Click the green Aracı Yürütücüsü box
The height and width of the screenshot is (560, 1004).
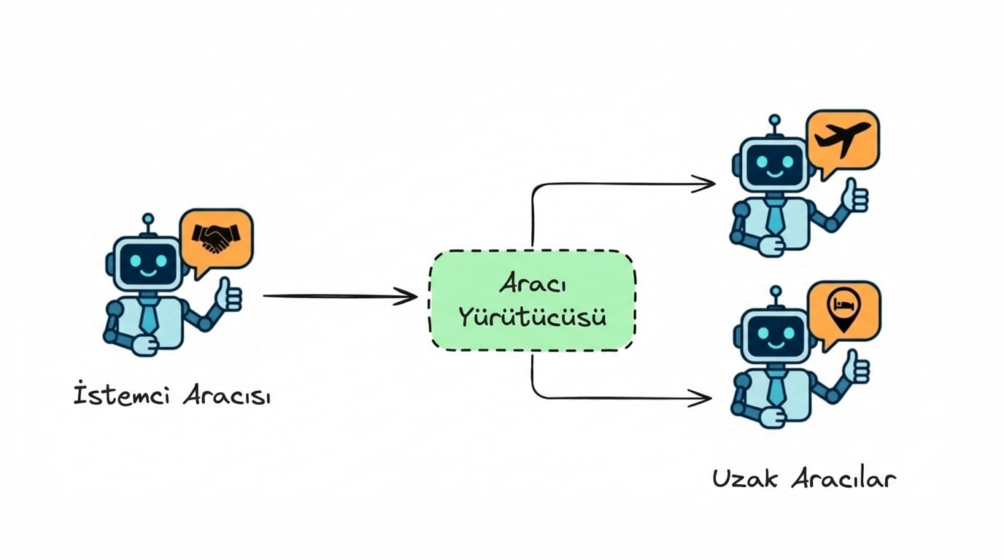coord(532,300)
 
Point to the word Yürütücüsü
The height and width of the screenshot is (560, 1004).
coord(532,318)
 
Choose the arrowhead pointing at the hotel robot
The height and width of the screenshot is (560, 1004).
coord(702,398)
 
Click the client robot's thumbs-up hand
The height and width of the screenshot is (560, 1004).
coord(229,295)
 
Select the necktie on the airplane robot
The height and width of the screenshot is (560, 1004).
coord(776,217)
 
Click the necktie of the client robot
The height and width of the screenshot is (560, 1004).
coord(149,316)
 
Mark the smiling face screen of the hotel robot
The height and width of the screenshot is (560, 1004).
coord(775,335)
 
